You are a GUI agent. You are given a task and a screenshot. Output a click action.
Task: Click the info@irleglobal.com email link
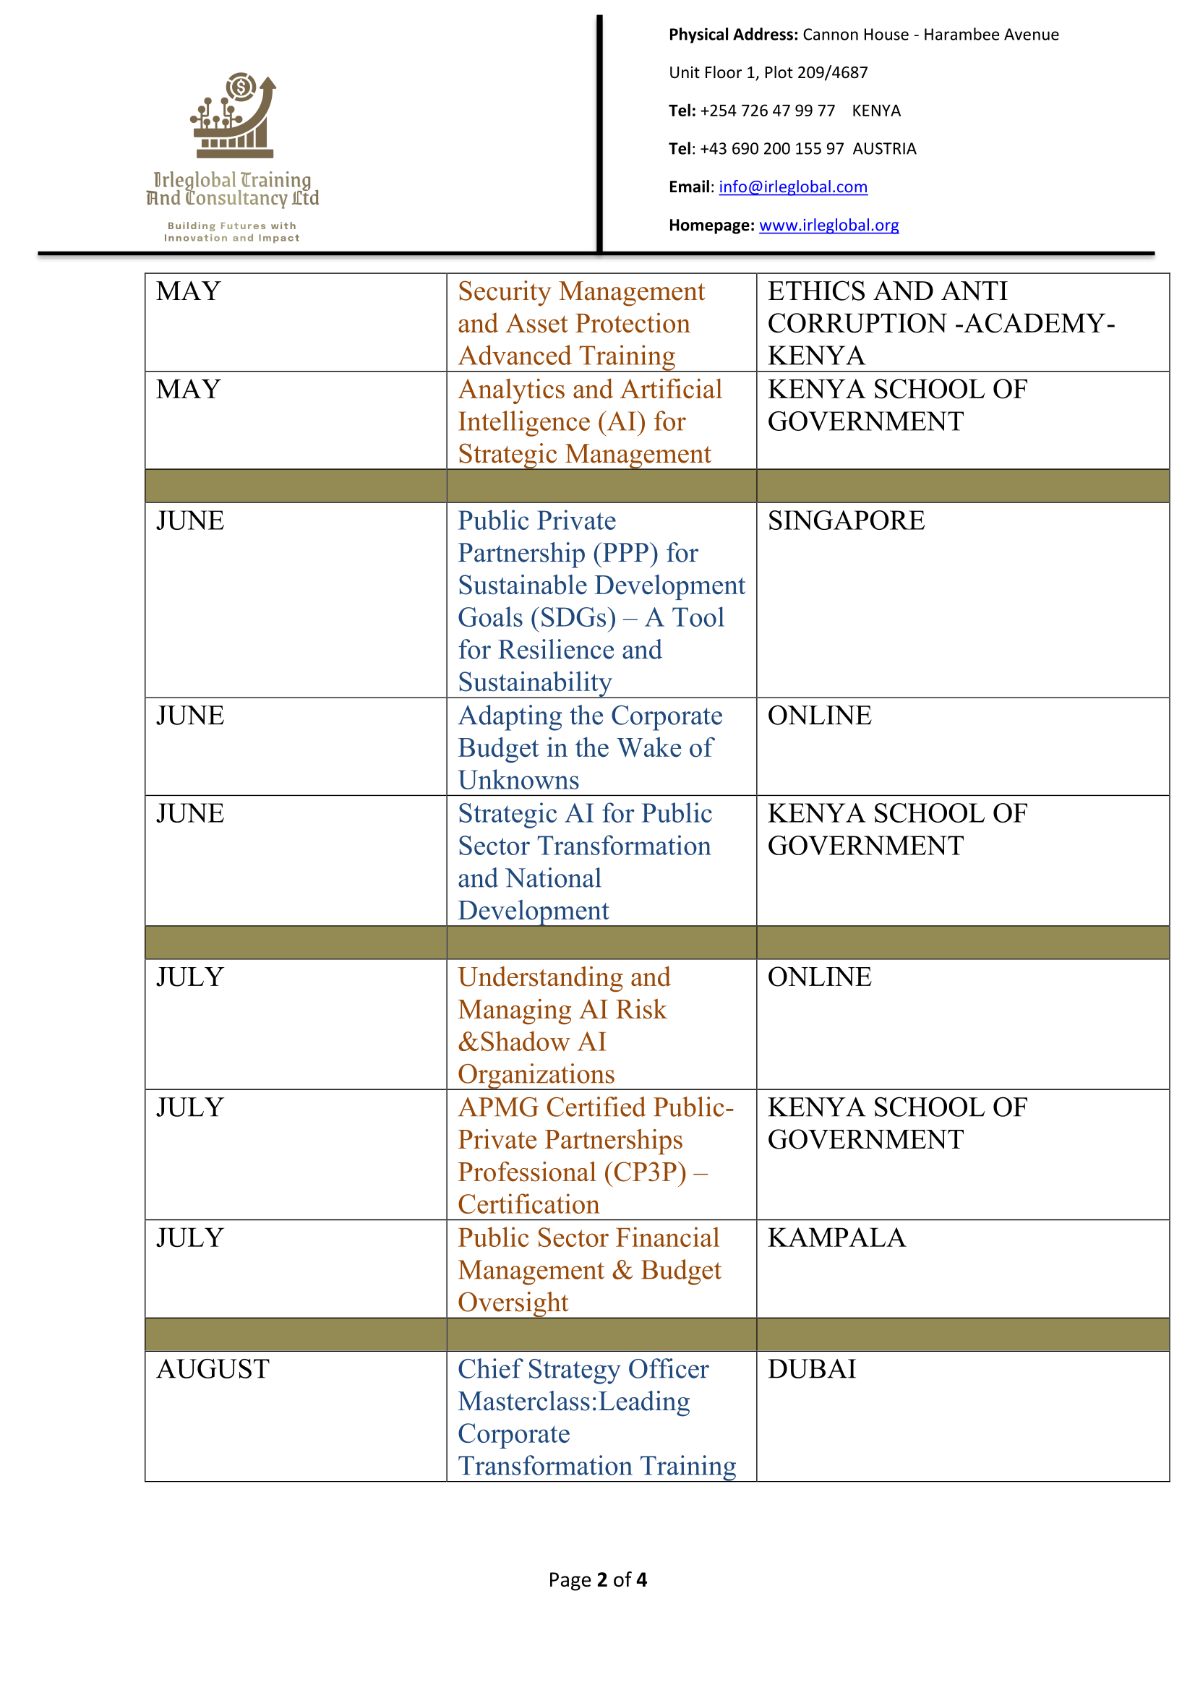click(792, 187)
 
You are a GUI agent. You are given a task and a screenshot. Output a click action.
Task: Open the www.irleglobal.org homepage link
click(828, 226)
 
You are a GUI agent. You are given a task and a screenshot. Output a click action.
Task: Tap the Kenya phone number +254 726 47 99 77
click(767, 111)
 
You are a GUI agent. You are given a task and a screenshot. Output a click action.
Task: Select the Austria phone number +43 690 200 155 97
click(771, 149)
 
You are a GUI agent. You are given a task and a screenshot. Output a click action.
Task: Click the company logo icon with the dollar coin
click(233, 116)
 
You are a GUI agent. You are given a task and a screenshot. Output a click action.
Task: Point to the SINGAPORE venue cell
click(846, 521)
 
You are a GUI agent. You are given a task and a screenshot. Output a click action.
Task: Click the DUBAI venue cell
click(811, 1369)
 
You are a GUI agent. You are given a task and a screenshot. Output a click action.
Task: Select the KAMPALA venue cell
click(836, 1238)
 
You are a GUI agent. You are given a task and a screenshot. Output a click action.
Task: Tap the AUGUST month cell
click(213, 1369)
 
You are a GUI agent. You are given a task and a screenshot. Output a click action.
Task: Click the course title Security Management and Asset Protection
click(581, 323)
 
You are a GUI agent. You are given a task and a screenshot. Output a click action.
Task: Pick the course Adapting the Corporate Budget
click(589, 747)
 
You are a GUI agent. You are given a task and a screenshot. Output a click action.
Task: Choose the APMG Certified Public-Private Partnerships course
click(595, 1155)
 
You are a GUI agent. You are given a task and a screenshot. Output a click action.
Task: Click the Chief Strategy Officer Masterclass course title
click(596, 1417)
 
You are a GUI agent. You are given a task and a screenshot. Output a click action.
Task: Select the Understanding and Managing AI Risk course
click(563, 1024)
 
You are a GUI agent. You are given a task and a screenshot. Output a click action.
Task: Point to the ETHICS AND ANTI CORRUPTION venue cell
click(941, 323)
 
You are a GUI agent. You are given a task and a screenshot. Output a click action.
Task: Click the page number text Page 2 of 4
click(597, 1579)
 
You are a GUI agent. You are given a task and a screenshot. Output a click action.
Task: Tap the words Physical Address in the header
click(732, 35)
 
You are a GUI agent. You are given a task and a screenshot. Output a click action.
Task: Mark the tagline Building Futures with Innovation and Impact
click(231, 232)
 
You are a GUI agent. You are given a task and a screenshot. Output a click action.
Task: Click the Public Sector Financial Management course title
click(588, 1270)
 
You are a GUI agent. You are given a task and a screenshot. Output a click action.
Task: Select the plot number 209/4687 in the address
click(832, 73)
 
